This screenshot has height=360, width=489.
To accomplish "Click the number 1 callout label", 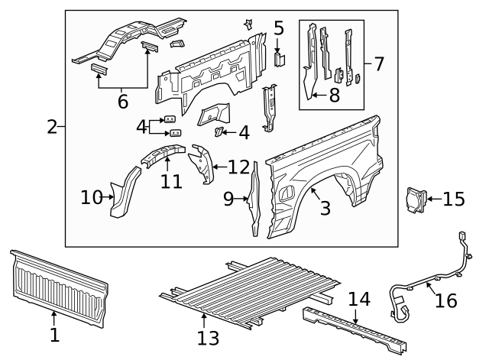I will tap(53, 334).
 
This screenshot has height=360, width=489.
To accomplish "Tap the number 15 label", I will tap(453, 199).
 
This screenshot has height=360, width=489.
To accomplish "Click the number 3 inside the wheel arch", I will tap(325, 208).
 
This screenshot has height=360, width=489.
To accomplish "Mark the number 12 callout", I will tap(238, 167).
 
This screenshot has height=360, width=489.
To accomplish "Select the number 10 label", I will tap(91, 198).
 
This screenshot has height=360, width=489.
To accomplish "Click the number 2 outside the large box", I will tap(52, 127).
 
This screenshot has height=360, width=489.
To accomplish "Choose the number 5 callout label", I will tap(279, 29).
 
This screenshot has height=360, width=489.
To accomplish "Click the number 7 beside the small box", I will tap(378, 63).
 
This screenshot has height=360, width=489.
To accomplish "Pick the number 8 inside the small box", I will tap(334, 96).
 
